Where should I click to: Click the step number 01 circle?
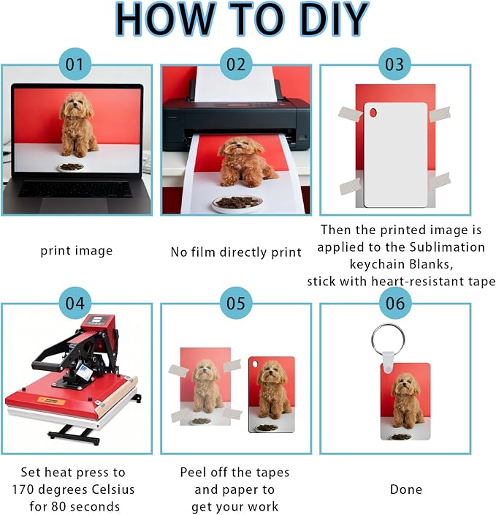click(x=75, y=64)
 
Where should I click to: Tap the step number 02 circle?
click(x=236, y=64)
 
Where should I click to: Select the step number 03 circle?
click(x=394, y=64)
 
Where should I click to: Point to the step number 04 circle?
click(x=75, y=303)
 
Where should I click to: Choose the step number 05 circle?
click(x=236, y=303)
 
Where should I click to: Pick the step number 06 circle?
click(x=395, y=303)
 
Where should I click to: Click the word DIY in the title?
click(x=335, y=19)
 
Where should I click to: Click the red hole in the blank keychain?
click(x=373, y=113)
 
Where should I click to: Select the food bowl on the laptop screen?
click(x=71, y=168)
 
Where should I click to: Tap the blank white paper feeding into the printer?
click(x=235, y=84)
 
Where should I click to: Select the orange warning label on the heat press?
click(x=51, y=402)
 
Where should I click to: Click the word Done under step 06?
click(x=406, y=489)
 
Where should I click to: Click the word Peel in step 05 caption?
click(x=194, y=473)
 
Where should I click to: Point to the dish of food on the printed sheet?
click(x=237, y=203)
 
